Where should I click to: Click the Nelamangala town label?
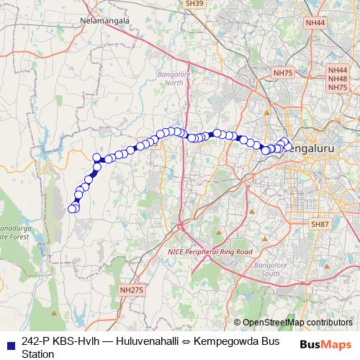(x=106, y=21)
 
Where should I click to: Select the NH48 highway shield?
(x=337, y=78)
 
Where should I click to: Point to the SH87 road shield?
(x=320, y=225)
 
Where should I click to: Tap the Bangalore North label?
(x=173, y=78)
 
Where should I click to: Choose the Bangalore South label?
(x=261, y=269)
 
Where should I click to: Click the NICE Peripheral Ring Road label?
(x=210, y=252)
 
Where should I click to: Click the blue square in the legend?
(x=10, y=342)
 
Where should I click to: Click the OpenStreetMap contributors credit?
(x=297, y=322)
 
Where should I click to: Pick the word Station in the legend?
(x=38, y=354)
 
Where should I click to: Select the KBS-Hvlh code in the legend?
(x=81, y=341)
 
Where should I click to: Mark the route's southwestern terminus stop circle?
(x=72, y=210)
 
